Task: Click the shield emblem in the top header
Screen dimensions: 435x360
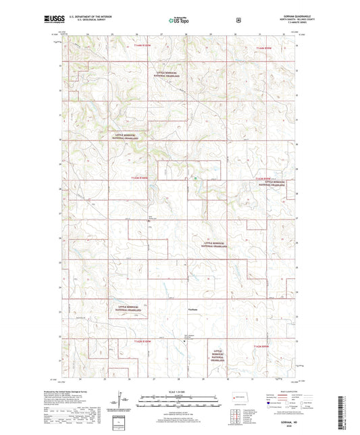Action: (x=237, y=20)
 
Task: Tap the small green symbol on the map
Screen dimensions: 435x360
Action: (x=195, y=179)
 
